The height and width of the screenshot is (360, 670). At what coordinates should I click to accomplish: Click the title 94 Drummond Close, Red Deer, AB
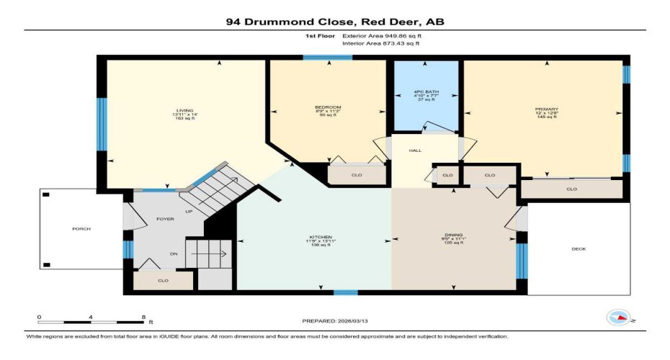(x=334, y=22)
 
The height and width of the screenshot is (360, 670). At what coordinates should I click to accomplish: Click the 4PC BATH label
(x=426, y=91)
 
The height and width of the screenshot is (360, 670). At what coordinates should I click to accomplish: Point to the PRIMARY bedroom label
(x=547, y=110)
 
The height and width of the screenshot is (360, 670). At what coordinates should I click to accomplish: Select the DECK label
(x=579, y=248)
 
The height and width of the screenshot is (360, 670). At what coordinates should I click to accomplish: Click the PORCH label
(x=81, y=229)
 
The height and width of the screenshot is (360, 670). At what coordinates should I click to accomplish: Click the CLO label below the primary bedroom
(x=571, y=189)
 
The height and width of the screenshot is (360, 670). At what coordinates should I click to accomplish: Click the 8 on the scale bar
(x=144, y=317)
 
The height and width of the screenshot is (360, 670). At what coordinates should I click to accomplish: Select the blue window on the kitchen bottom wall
(x=346, y=292)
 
